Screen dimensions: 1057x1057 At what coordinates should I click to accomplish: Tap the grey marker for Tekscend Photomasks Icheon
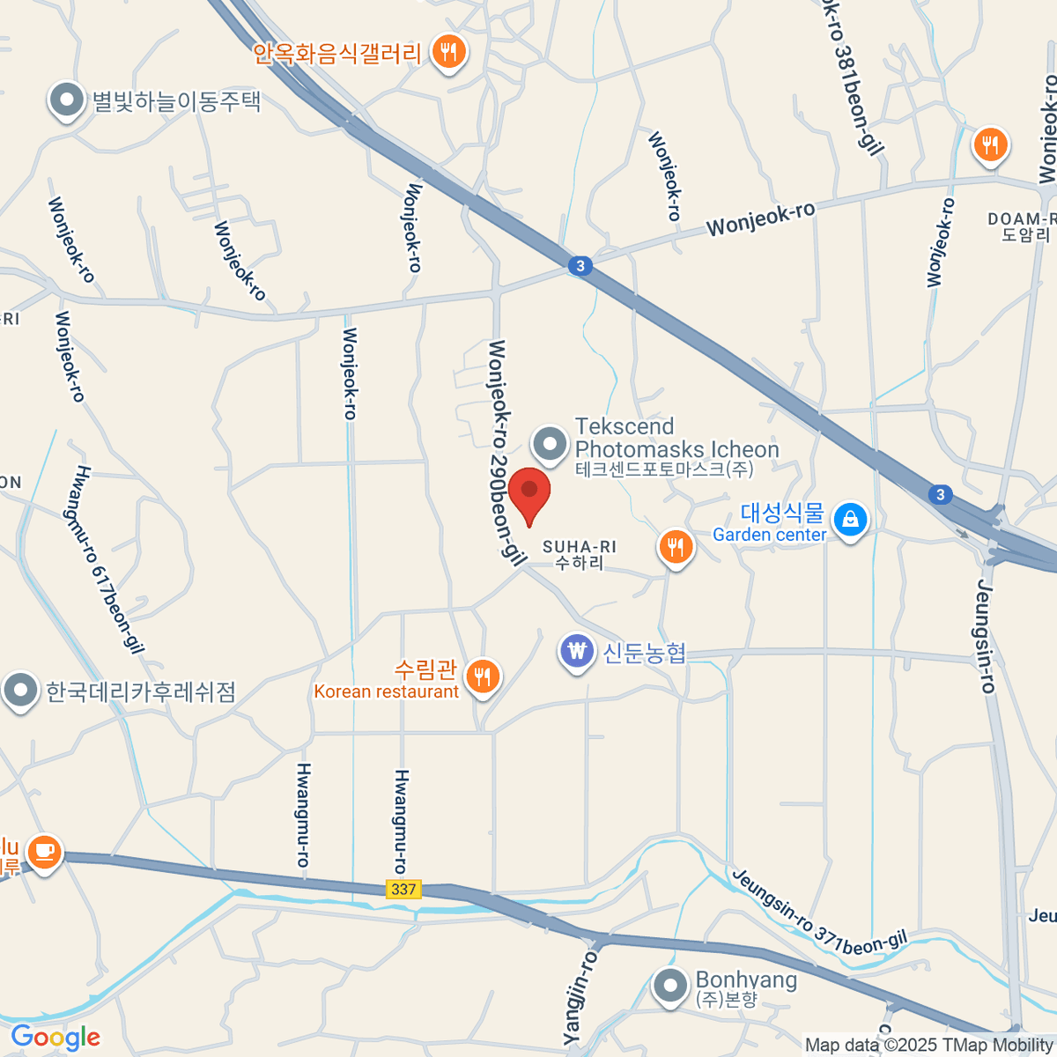click(551, 444)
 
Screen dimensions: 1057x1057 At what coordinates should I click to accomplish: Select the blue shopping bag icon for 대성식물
click(850, 520)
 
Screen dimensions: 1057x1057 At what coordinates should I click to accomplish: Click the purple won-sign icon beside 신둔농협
click(577, 652)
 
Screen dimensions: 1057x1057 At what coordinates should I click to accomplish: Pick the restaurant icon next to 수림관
click(482, 676)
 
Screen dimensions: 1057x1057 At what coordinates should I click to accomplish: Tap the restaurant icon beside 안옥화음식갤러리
click(448, 53)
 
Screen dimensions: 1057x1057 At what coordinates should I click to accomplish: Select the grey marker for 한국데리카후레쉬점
click(20, 691)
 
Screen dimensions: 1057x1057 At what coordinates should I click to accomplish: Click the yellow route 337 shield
click(403, 889)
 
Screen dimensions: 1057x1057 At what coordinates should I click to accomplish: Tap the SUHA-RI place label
click(580, 554)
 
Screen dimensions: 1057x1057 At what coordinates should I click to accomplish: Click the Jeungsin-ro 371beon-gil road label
click(818, 916)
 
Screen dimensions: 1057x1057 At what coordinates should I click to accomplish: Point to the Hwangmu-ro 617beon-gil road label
click(107, 560)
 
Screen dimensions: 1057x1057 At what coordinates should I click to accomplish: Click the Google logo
click(55, 1038)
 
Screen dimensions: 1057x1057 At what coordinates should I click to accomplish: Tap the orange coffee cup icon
click(43, 852)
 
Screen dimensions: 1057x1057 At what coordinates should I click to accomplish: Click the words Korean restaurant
click(386, 692)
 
